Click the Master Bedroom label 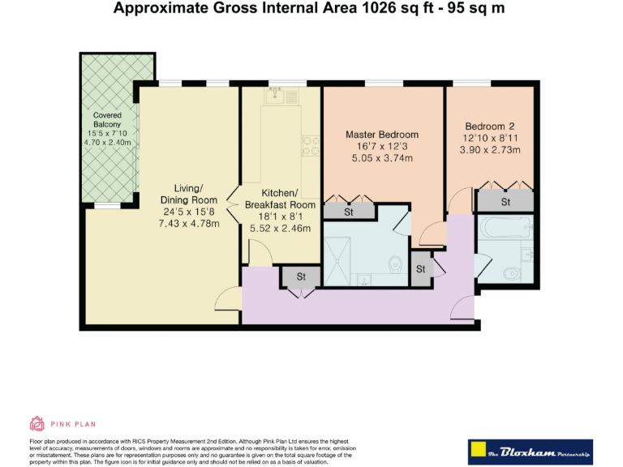pos(382,135)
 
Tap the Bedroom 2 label pos(490,126)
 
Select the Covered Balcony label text pos(107,120)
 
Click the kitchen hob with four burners pos(309,144)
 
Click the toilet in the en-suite pos(395,264)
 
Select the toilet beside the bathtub pos(513,273)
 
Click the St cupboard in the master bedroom pos(349,212)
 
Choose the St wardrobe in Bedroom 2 pos(505,201)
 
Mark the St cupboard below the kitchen pos(301,277)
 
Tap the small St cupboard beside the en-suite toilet pos(420,269)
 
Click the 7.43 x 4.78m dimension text pos(189,223)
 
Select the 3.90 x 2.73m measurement pos(489,149)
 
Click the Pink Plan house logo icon pos(37,423)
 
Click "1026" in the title pos(367,10)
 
